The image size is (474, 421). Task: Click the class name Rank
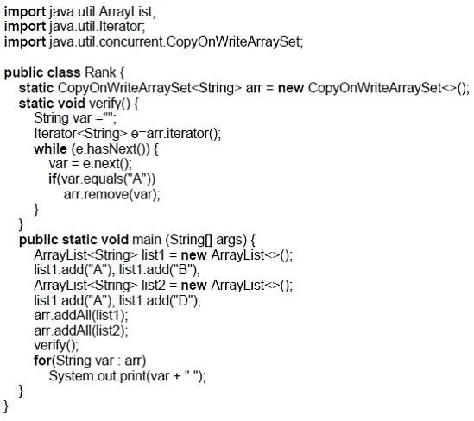tap(100, 72)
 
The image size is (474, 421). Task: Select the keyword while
tap(50, 148)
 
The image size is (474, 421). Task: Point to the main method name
tap(147, 240)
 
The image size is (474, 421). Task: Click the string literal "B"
tap(182, 270)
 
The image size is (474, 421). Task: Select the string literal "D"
tap(183, 300)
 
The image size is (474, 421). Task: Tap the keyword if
tap(53, 179)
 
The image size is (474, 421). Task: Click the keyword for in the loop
tap(42, 361)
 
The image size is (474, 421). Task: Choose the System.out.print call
tap(128, 376)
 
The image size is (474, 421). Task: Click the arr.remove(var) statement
tap(112, 194)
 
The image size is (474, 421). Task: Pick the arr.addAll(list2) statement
tap(81, 330)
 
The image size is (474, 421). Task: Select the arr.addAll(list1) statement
tap(81, 315)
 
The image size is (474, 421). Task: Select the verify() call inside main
tap(56, 346)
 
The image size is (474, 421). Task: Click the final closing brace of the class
tap(6, 406)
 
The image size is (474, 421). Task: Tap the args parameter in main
tap(230, 241)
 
